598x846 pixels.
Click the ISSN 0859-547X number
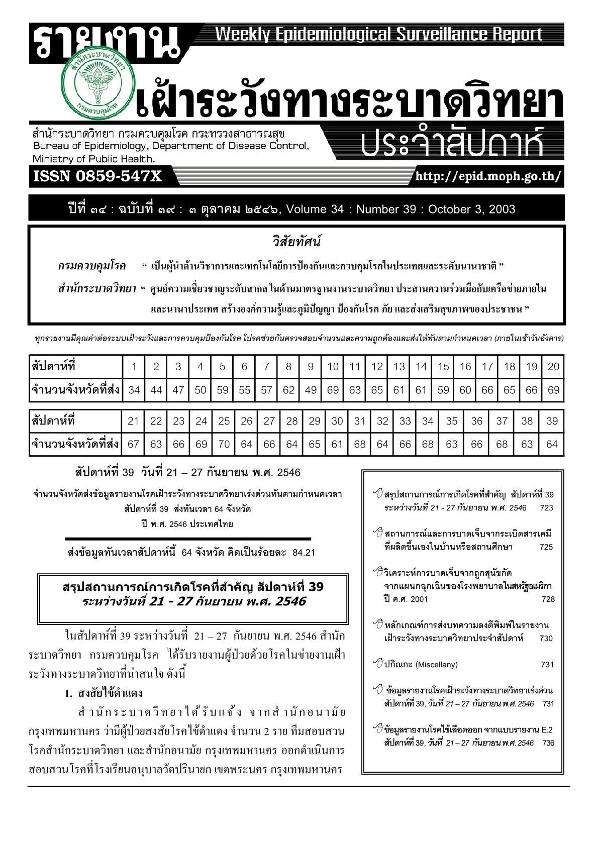click(x=97, y=176)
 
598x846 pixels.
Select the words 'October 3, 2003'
click(x=471, y=209)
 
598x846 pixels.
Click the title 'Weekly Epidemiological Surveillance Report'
click(x=379, y=34)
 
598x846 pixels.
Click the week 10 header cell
click(x=333, y=366)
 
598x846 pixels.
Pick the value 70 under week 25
click(x=224, y=444)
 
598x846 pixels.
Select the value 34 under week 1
click(x=134, y=390)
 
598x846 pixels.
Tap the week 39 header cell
click(x=552, y=421)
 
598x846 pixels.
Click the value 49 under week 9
click(x=311, y=390)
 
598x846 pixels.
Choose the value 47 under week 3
click(x=178, y=390)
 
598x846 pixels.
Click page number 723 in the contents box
click(x=546, y=508)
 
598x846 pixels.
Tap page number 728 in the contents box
click(x=548, y=599)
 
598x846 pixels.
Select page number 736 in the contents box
click(x=548, y=743)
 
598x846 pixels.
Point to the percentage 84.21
click(x=304, y=553)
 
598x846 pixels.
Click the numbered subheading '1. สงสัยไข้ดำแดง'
click(x=104, y=693)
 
